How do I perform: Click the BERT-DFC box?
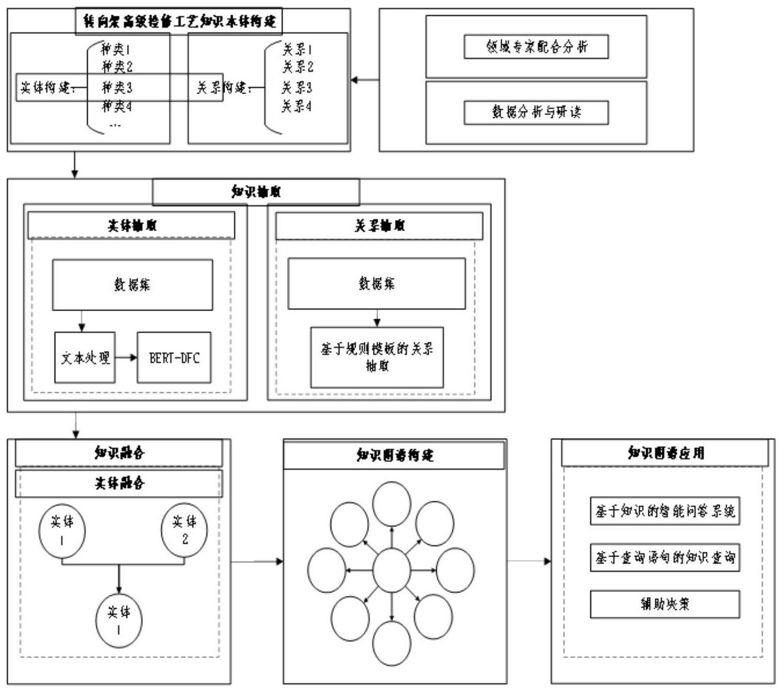click(x=174, y=358)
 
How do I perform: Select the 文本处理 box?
click(x=85, y=358)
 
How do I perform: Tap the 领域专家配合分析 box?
click(x=536, y=47)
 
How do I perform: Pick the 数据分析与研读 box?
click(x=536, y=113)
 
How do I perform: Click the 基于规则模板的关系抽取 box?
click(x=377, y=357)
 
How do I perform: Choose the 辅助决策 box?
click(x=665, y=604)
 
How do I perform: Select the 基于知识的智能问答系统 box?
click(x=665, y=511)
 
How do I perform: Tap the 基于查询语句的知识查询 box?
click(x=665, y=557)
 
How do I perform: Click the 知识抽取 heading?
click(x=256, y=192)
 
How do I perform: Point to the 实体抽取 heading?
click(x=132, y=226)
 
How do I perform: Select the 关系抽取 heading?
click(x=379, y=226)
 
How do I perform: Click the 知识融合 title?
click(x=119, y=453)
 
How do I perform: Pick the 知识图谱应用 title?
click(x=665, y=453)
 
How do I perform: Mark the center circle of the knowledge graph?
click(x=392, y=570)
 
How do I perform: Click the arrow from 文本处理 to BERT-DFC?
click(x=126, y=358)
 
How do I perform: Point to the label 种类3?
click(x=117, y=87)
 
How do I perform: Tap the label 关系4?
click(x=297, y=107)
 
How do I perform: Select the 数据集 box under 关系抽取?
click(x=377, y=284)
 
